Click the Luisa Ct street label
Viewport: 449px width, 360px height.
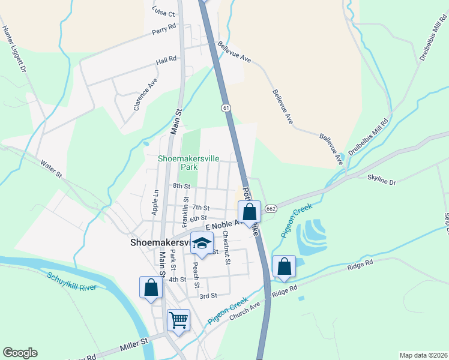pyautogui.click(x=163, y=13)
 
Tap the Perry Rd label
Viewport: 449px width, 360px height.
pyautogui.click(x=164, y=28)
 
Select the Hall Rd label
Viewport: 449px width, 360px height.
pyautogui.click(x=166, y=60)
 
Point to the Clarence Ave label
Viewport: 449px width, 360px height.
pyautogui.click(x=146, y=96)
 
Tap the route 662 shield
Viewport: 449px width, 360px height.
pyautogui.click(x=270, y=206)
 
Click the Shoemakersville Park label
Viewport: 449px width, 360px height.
pyautogui.click(x=188, y=163)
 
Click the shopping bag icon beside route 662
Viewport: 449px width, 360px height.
pyautogui.click(x=249, y=212)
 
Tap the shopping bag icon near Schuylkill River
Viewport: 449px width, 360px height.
pyautogui.click(x=151, y=287)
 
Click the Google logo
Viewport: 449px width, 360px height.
pyautogui.click(x=20, y=353)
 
